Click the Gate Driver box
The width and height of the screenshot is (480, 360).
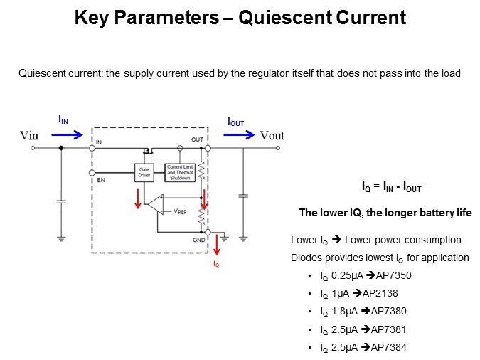144,172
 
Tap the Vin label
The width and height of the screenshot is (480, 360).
29,136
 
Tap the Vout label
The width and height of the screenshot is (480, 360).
272,136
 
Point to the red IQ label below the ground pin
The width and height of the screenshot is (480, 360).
217,263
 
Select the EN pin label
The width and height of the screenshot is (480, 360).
100,181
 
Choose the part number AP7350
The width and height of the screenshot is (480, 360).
392,275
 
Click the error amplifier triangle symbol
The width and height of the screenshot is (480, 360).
154,206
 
